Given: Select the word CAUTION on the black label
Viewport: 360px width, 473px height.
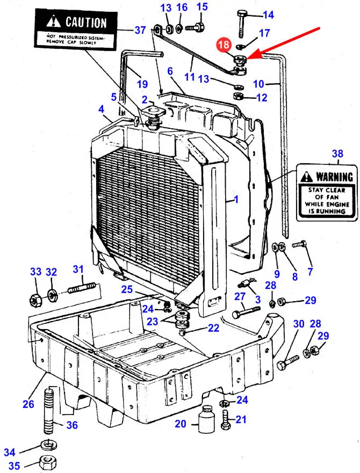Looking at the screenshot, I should (85, 23).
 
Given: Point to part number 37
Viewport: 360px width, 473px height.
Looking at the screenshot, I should (140, 30).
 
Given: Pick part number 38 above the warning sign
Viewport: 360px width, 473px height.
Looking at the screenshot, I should (337, 154).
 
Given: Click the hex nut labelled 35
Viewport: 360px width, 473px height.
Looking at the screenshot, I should (48, 462).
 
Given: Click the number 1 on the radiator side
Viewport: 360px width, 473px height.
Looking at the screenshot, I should (234, 200).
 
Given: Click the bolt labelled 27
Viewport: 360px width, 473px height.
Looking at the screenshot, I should (247, 312).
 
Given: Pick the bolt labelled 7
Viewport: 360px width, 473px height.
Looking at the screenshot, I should (299, 245).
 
